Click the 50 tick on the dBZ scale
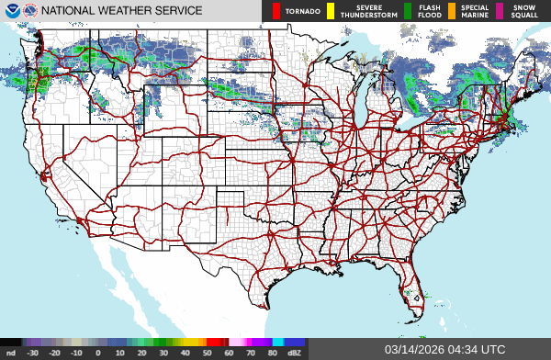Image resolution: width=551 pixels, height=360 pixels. pos(208,353)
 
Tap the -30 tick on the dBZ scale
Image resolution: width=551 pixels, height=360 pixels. pos(33,353)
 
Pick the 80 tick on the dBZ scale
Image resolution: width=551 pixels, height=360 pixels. pos(274,353)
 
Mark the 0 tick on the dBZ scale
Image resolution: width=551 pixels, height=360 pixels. pos(98,353)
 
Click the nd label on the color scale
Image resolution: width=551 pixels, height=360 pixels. pos(11,353)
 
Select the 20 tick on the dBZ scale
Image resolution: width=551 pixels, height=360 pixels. pos(142,353)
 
